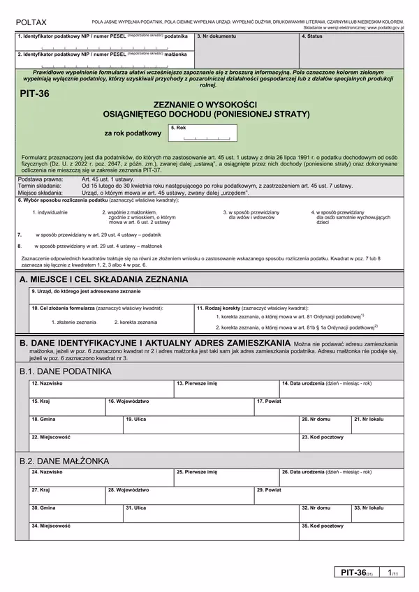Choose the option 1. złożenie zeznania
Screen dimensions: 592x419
[x=74, y=323]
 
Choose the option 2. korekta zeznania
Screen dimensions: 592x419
[x=135, y=323]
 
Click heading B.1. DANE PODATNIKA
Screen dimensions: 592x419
[x=66, y=371]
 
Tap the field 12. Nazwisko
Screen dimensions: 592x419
[x=100, y=389]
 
